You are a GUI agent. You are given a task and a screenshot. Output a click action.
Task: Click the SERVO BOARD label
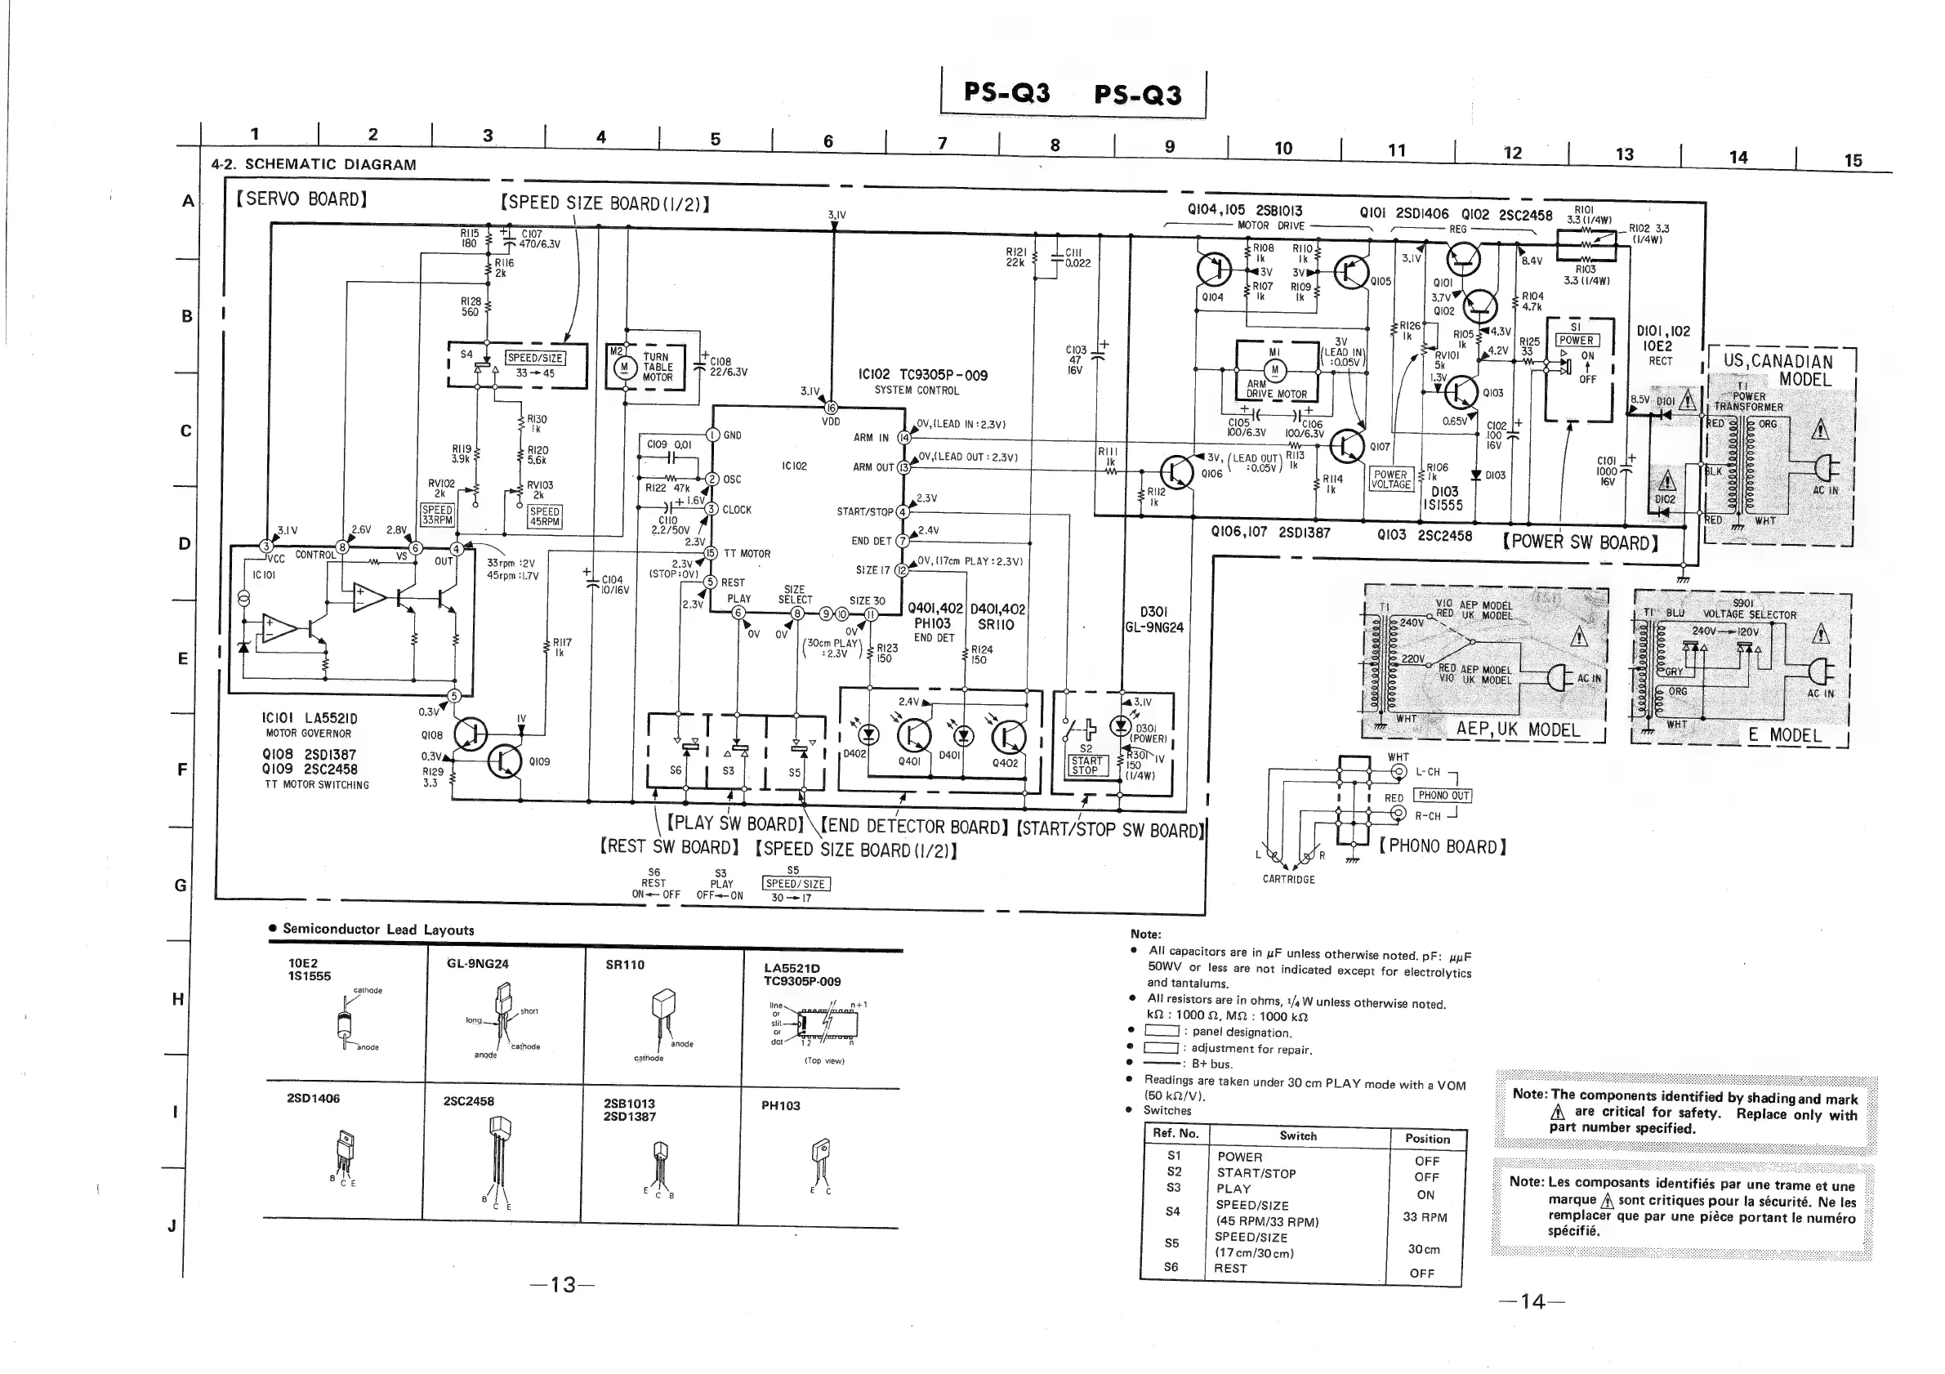click(x=302, y=199)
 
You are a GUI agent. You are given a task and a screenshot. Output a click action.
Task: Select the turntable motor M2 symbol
click(x=624, y=367)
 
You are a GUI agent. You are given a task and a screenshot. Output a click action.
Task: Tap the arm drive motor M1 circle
click(x=1274, y=369)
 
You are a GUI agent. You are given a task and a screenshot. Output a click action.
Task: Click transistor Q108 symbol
click(x=471, y=734)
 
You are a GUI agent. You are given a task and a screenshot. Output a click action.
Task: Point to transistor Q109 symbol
click(x=505, y=761)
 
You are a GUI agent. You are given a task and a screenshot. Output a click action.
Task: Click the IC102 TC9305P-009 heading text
click(x=921, y=375)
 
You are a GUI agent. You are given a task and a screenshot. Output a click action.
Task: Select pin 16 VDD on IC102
click(x=831, y=408)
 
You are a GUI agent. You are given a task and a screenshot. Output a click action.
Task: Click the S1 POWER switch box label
click(x=1576, y=340)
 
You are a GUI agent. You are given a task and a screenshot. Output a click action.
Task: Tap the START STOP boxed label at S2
click(x=1086, y=765)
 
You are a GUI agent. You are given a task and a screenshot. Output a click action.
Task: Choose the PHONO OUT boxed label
click(x=1444, y=796)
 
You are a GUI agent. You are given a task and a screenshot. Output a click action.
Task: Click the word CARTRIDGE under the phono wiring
click(x=1288, y=879)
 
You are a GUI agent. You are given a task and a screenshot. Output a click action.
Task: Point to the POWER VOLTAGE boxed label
click(x=1390, y=480)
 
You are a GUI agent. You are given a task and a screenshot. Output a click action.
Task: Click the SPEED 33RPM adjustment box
click(x=437, y=515)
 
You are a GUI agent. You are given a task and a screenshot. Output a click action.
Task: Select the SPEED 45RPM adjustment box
click(x=544, y=517)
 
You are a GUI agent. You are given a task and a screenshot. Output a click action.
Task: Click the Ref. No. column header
click(x=1175, y=1133)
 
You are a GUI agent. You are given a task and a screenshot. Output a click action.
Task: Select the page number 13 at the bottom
click(x=563, y=1285)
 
